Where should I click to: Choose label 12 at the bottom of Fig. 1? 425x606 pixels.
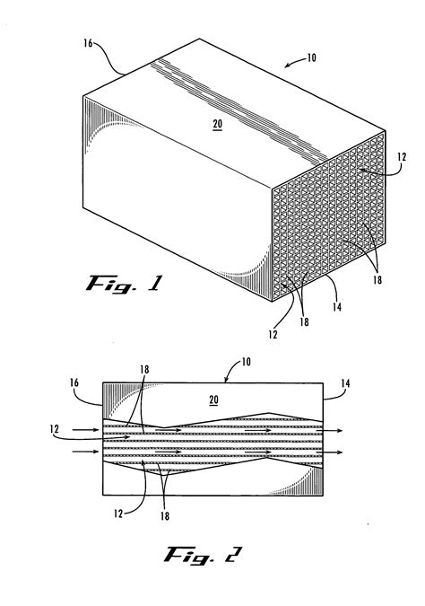pos(272,335)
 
